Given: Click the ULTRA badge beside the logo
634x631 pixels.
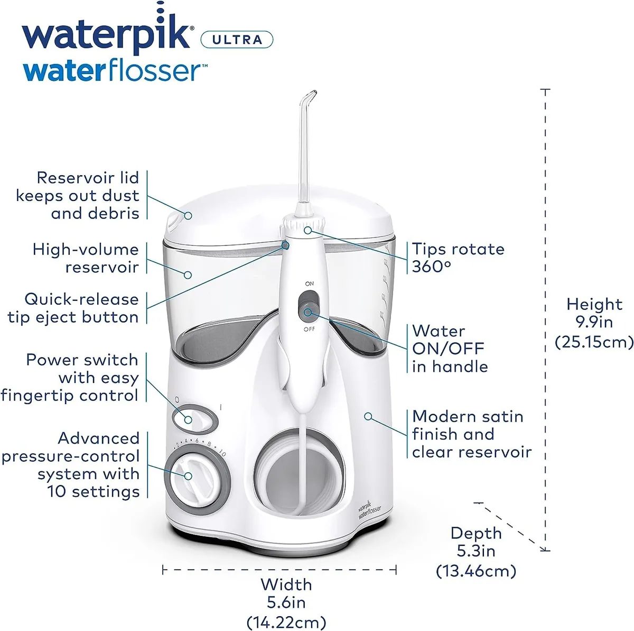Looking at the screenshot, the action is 237,40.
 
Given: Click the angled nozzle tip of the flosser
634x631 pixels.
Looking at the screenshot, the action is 311,95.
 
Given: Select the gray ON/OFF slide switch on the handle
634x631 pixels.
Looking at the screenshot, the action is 309,306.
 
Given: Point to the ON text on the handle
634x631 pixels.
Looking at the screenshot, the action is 309,284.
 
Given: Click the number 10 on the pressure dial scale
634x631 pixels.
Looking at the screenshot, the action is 223,454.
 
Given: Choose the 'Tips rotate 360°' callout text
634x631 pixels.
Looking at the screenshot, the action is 458,258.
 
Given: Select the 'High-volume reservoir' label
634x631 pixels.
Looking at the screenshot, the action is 86,258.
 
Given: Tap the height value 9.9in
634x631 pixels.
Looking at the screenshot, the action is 594,322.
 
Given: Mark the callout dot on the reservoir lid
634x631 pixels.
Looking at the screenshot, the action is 188,215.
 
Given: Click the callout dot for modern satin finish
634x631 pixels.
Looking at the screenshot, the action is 368,416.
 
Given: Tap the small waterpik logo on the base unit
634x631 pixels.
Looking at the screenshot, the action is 369,509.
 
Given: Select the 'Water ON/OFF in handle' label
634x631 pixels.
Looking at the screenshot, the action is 450,349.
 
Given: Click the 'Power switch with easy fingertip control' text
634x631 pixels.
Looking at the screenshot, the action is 69,378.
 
